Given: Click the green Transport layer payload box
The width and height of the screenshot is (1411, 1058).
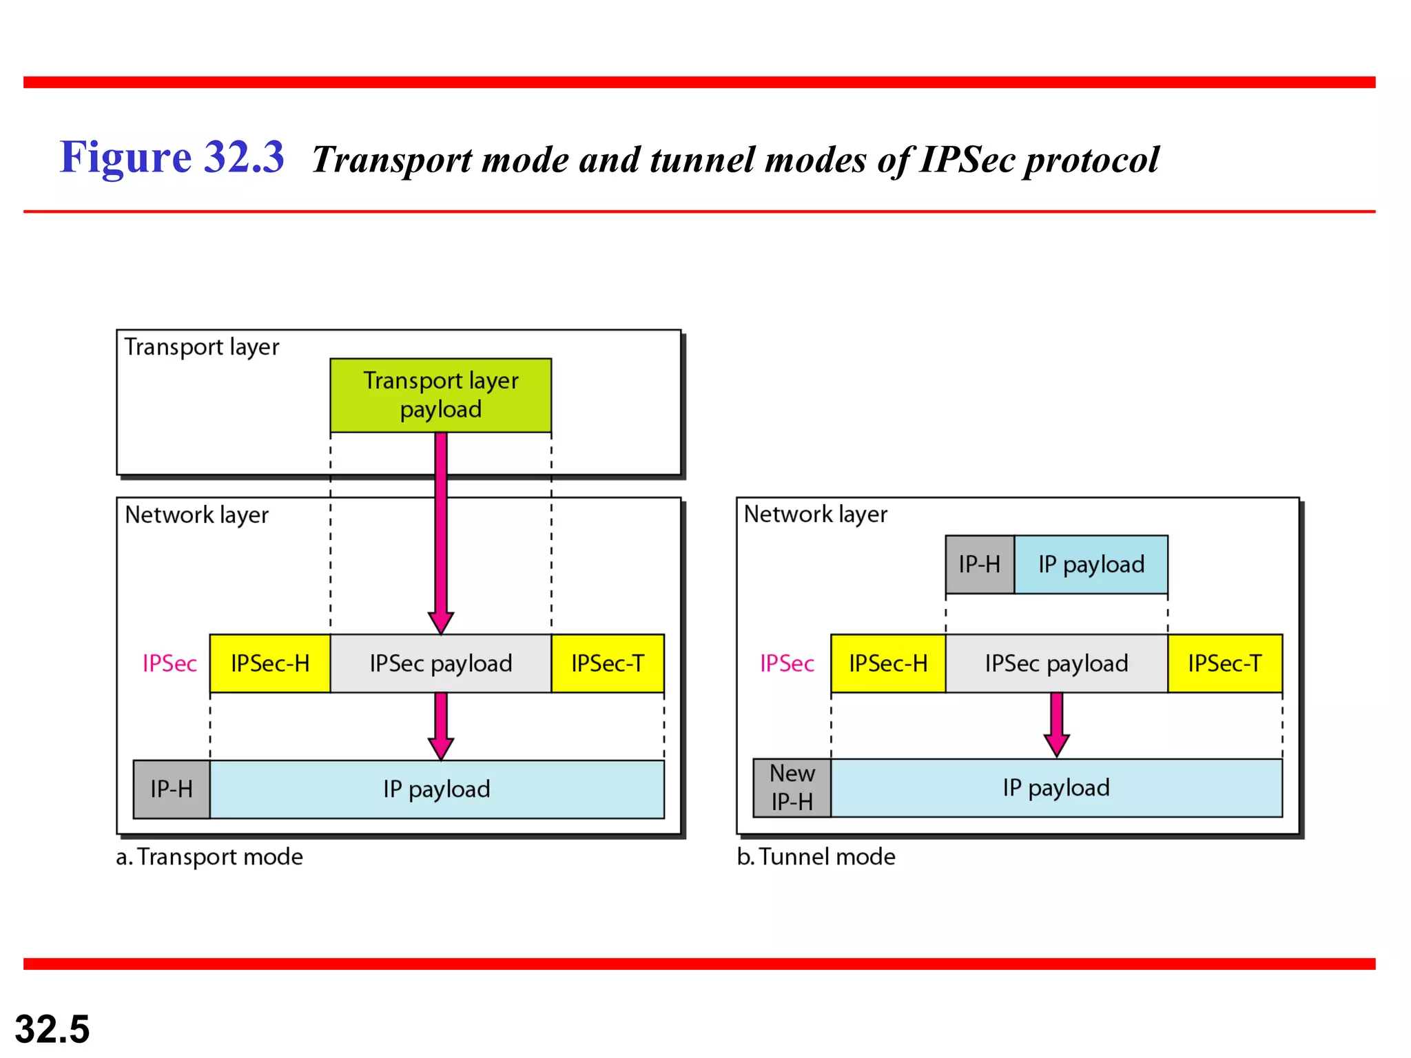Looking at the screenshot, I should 440,395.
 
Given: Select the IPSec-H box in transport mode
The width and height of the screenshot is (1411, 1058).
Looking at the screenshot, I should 270,663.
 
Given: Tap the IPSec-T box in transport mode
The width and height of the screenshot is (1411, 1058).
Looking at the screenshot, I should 608,663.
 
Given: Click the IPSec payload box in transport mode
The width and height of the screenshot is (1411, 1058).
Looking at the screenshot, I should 441,663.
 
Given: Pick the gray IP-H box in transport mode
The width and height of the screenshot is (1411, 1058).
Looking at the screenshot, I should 172,789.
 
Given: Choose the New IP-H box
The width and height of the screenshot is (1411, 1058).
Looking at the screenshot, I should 792,788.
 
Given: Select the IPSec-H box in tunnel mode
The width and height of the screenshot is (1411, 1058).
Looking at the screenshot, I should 888,663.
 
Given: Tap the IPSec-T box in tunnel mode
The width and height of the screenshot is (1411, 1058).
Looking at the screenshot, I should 1225,663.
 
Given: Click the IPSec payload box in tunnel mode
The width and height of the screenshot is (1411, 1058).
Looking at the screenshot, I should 1056,663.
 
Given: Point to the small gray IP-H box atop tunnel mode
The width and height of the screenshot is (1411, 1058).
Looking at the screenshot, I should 979,564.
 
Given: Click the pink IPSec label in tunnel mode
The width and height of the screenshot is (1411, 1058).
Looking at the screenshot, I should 787,663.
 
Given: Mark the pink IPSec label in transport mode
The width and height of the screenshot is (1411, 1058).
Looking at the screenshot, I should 169,663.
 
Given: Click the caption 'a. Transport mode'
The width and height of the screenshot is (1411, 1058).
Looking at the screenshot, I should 209,857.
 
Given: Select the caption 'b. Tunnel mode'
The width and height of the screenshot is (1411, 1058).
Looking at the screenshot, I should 816,857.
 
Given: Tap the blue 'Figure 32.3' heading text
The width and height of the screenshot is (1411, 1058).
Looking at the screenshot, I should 172,157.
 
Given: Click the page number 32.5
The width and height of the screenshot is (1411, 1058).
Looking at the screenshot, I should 52,1029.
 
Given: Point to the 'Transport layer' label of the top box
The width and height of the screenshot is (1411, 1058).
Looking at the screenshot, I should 202,346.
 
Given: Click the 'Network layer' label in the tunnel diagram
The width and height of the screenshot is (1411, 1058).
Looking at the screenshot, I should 816,514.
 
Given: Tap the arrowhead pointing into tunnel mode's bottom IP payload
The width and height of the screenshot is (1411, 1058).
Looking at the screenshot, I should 1056,746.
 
